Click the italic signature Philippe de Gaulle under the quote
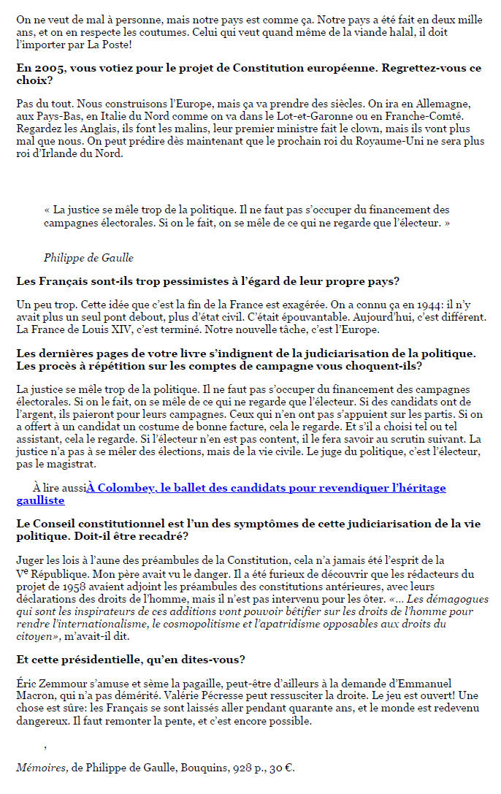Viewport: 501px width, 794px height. [88, 258]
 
